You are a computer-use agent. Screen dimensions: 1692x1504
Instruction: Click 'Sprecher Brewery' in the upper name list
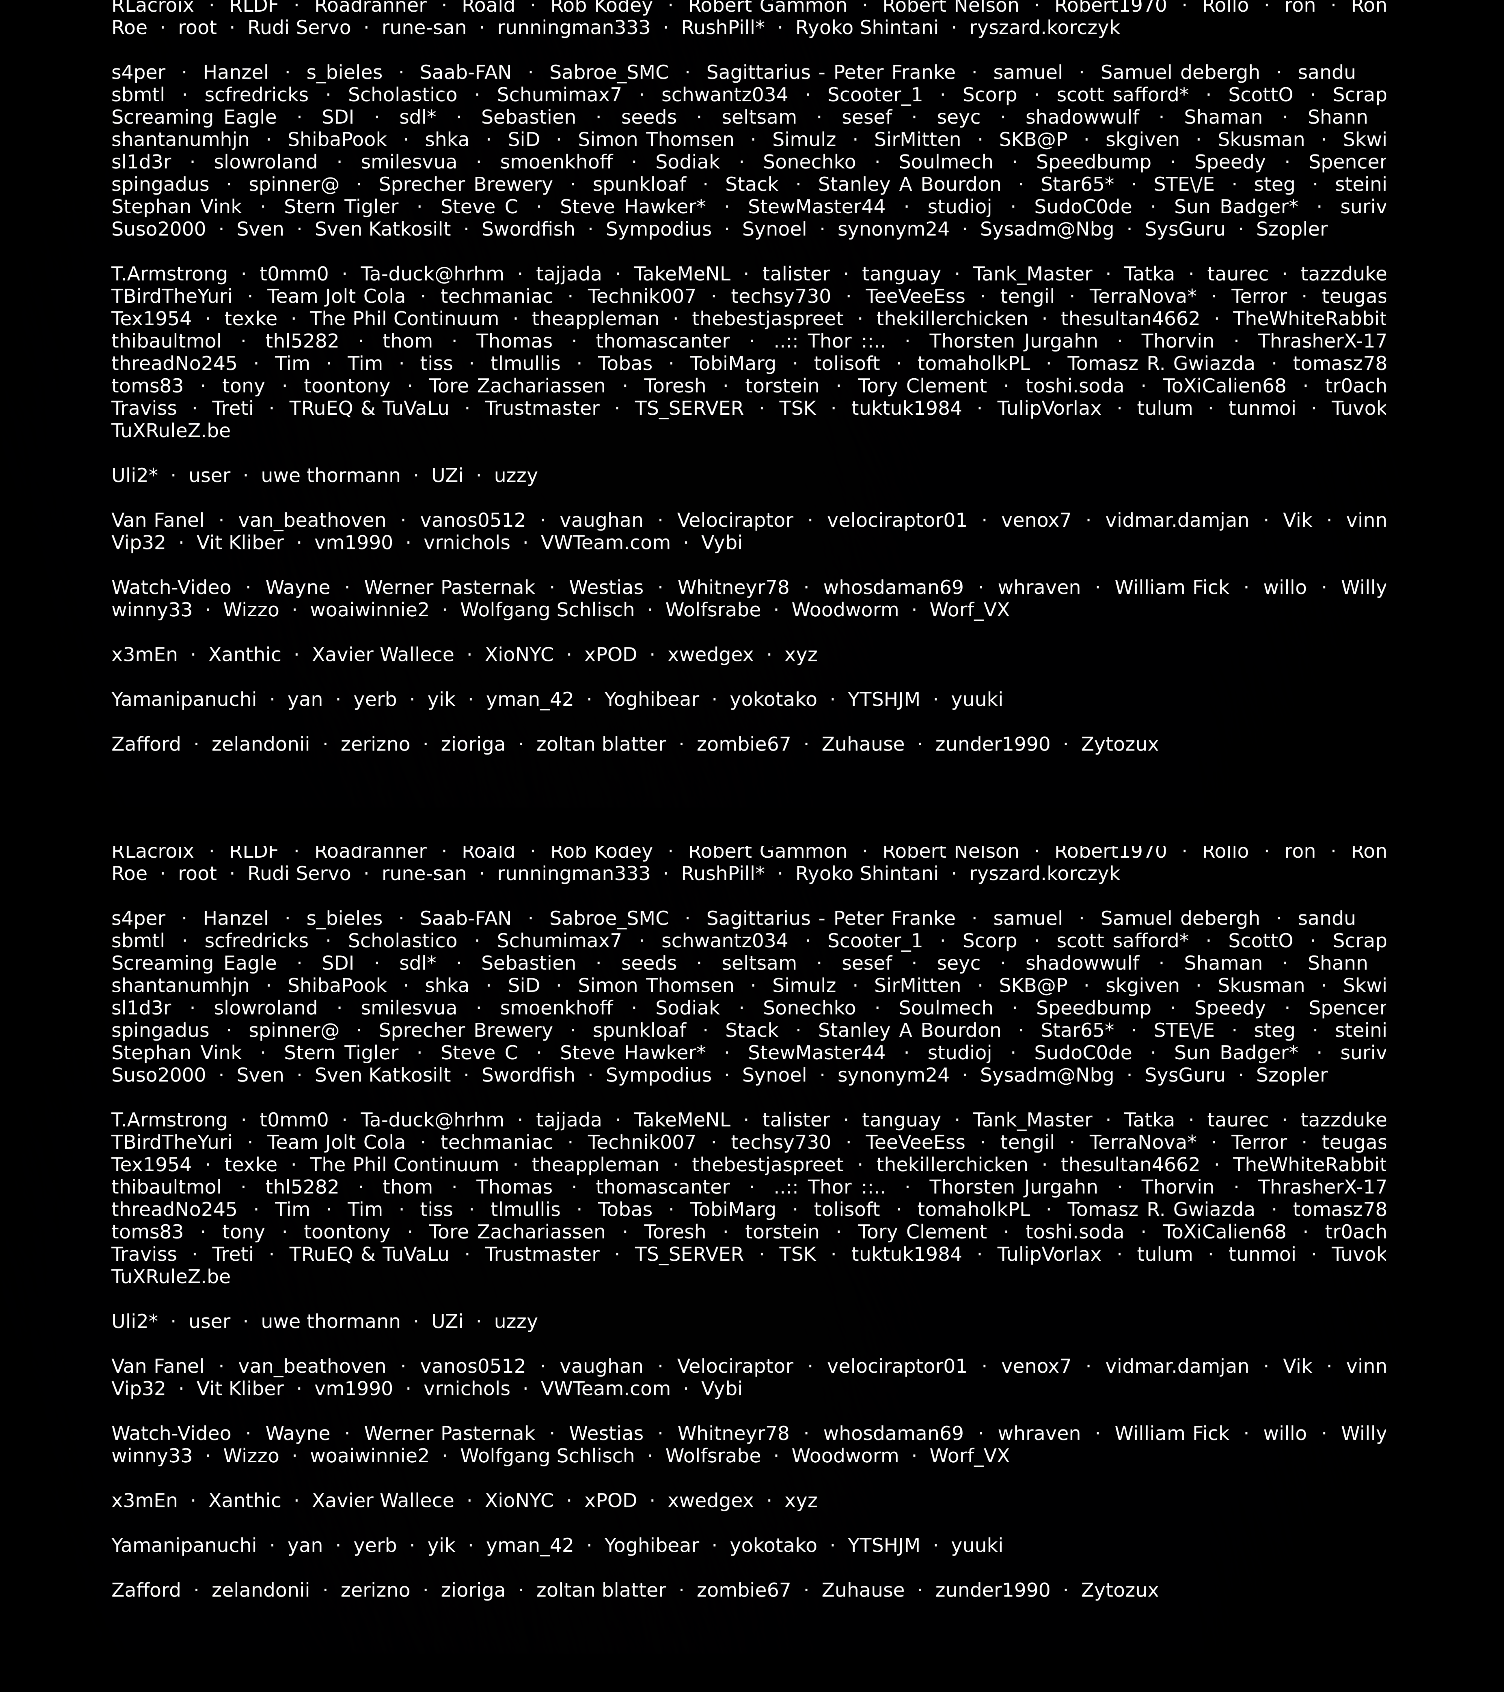tap(465, 185)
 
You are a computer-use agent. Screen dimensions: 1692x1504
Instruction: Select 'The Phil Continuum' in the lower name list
tap(404, 1165)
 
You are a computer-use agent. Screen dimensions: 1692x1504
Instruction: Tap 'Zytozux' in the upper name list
tap(1119, 744)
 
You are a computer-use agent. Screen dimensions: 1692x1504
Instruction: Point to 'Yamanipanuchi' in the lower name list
tap(184, 1545)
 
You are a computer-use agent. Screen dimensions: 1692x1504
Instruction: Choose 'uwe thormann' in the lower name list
tap(330, 1321)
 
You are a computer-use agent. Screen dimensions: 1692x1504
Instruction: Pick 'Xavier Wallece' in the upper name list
tap(382, 655)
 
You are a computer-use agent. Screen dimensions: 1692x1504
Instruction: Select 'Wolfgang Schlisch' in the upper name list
tap(547, 610)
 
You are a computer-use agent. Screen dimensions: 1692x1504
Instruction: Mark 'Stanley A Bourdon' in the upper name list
tap(909, 185)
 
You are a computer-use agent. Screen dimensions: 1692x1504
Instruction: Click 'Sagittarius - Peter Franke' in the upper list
tap(830, 73)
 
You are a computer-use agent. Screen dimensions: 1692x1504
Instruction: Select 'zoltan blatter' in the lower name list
tap(601, 1590)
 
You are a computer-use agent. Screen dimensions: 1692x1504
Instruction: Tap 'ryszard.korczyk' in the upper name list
tap(1044, 28)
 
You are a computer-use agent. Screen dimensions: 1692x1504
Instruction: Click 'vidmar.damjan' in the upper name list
tap(1176, 521)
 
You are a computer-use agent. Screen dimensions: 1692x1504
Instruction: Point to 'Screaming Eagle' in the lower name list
tap(194, 964)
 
